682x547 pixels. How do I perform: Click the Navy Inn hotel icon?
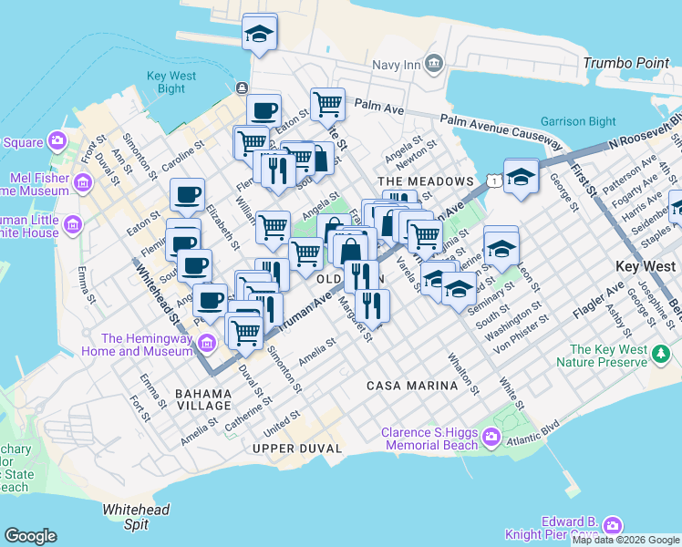433,65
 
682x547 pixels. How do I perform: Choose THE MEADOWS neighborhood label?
426,181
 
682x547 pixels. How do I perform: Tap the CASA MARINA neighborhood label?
412,386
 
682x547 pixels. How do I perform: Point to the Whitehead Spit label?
137,515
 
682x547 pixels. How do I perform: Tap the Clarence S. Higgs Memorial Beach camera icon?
491,439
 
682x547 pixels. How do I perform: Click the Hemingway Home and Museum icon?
207,344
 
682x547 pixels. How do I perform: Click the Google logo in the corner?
30,536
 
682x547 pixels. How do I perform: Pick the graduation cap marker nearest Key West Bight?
260,35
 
